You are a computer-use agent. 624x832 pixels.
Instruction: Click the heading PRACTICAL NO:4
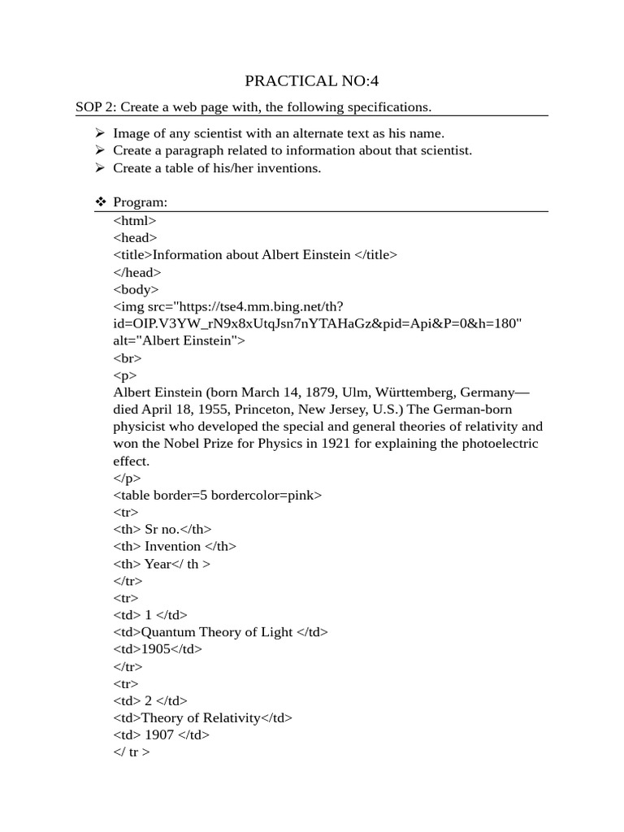[x=312, y=80]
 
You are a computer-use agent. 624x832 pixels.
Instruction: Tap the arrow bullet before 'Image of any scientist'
[x=100, y=133]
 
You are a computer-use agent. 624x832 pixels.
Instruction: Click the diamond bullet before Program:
[x=101, y=202]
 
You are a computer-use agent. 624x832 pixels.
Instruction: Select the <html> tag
[x=135, y=220]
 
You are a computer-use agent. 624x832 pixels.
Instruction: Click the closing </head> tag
[x=137, y=272]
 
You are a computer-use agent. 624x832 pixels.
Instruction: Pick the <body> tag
[x=136, y=289]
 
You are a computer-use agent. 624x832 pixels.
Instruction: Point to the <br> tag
[x=128, y=357]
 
